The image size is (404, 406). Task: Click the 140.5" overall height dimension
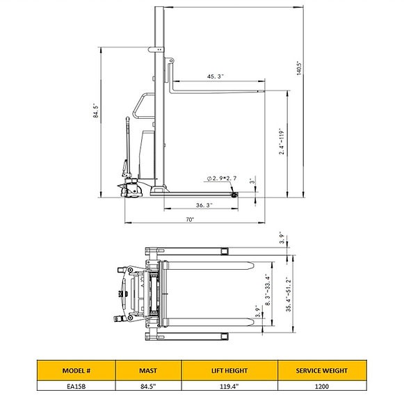[300, 68]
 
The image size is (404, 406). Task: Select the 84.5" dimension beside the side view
[95, 111]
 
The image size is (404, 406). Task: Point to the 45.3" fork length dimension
[215, 76]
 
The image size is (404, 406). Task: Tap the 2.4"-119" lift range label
[282, 141]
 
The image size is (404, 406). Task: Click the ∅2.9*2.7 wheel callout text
[222, 179]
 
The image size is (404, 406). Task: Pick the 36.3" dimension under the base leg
[204, 205]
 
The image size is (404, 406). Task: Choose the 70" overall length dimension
[190, 220]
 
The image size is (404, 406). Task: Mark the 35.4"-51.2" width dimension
[289, 294]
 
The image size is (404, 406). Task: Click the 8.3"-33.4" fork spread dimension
[268, 291]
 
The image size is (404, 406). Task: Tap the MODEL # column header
[76, 371]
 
